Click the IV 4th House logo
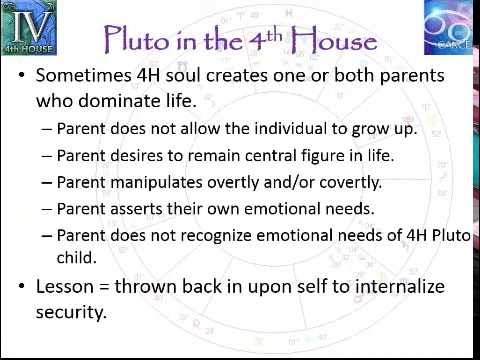tap(29, 27)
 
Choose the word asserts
tap(129, 209)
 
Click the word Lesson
tap(64, 287)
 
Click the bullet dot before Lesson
tap(23, 288)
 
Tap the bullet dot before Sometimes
tap(23, 77)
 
